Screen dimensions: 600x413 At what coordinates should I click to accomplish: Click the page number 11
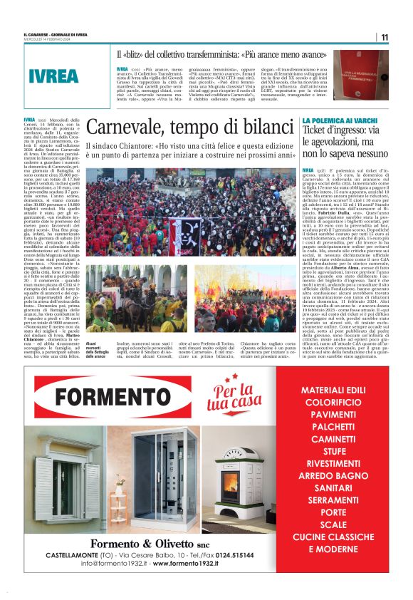tap(385, 38)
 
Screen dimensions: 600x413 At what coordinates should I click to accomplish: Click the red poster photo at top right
tap(361, 74)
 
